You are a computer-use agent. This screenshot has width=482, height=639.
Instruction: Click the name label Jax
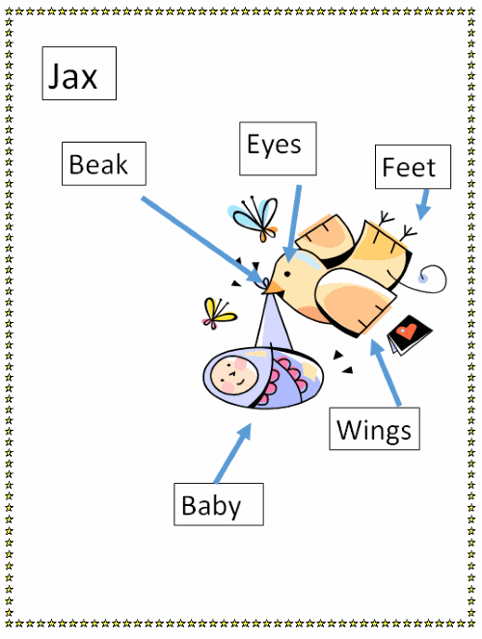(79, 73)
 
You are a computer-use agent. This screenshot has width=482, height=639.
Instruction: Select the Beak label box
(104, 164)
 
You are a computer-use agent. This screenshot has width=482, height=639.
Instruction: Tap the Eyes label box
(278, 148)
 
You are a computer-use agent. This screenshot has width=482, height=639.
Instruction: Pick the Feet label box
(413, 167)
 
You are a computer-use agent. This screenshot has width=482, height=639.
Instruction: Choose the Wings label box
(374, 429)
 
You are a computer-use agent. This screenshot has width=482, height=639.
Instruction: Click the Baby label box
(219, 504)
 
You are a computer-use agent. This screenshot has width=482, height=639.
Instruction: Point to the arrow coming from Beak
(203, 241)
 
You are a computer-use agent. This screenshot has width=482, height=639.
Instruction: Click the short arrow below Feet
(424, 204)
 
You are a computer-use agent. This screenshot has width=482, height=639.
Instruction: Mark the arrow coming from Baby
(232, 453)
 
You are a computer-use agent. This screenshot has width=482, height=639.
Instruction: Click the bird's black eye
(287, 274)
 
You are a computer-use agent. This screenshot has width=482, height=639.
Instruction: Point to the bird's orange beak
(274, 287)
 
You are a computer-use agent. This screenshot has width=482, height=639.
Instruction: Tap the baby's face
(234, 375)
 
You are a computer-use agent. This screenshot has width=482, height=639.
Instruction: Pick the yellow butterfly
(219, 314)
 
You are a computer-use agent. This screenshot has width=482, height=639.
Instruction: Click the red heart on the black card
(408, 331)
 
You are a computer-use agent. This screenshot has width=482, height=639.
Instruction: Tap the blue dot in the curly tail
(423, 279)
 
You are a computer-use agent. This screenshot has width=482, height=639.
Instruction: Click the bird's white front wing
(355, 300)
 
